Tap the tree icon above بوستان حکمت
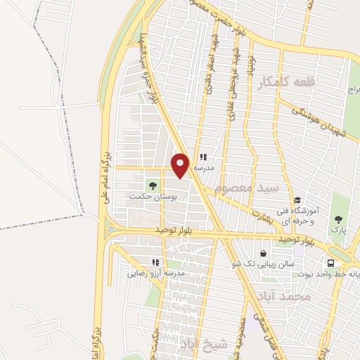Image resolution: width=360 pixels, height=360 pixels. click(x=151, y=186)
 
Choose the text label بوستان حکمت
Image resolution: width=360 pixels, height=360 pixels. click(x=151, y=196)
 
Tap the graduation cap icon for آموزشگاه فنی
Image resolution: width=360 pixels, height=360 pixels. click(x=297, y=200)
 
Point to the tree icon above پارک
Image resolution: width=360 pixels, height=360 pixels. click(x=340, y=220)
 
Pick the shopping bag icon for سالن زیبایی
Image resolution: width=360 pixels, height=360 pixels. click(x=263, y=253)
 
